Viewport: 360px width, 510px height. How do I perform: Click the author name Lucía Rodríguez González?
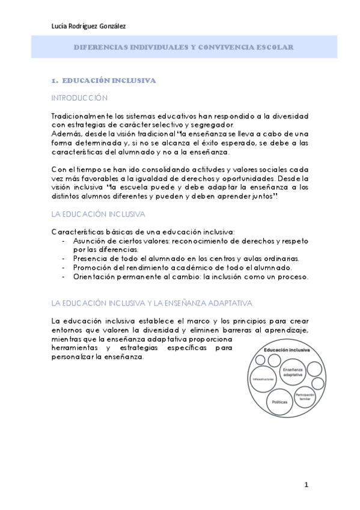click(x=88, y=26)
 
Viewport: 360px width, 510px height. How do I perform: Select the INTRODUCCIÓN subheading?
click(x=79, y=97)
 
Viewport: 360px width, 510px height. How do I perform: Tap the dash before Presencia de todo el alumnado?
click(x=64, y=259)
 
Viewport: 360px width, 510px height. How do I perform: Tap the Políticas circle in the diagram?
click(x=280, y=401)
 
